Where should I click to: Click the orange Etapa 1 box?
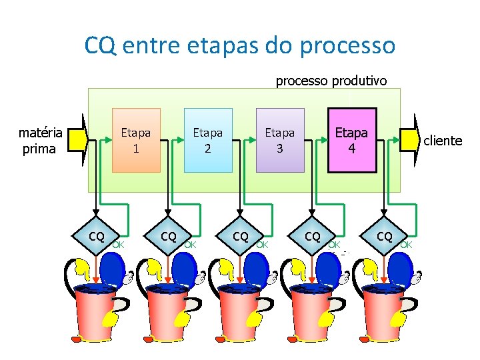(136, 140)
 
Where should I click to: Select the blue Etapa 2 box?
(208, 140)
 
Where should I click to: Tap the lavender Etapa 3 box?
(280, 140)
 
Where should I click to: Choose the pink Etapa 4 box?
(351, 140)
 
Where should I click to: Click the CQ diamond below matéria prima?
(97, 237)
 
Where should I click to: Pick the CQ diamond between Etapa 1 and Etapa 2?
(169, 237)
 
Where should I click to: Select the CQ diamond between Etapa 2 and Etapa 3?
(241, 237)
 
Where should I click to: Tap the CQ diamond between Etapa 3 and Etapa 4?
(313, 237)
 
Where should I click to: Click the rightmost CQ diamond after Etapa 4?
(385, 237)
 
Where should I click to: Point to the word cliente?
(443, 141)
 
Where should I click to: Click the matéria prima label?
(40, 141)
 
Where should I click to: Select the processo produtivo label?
(331, 81)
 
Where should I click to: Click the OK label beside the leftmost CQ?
(119, 244)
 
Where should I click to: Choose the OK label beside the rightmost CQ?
(407, 244)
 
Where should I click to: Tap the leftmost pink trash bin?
(97, 313)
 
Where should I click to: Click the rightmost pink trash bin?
(385, 313)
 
